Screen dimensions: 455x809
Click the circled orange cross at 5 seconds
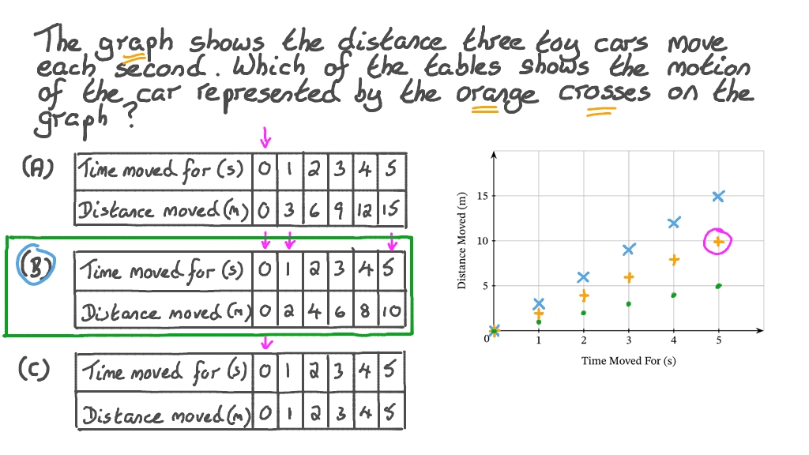pyautogui.click(x=718, y=241)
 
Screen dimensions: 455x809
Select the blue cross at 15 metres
pyautogui.click(x=718, y=196)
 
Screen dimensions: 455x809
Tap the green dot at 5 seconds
pyautogui.click(x=718, y=286)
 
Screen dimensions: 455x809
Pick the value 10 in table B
pyautogui.click(x=393, y=313)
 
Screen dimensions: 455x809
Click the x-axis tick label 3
pyautogui.click(x=628, y=340)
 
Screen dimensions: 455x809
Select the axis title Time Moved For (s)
pyautogui.click(x=628, y=361)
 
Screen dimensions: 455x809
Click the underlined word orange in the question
pyautogui.click(x=497, y=95)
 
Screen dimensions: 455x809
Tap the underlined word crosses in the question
pyautogui.click(x=605, y=92)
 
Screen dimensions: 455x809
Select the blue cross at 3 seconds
pyautogui.click(x=628, y=250)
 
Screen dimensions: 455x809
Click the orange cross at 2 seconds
pyautogui.click(x=583, y=295)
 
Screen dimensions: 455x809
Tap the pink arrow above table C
pyautogui.click(x=266, y=342)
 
